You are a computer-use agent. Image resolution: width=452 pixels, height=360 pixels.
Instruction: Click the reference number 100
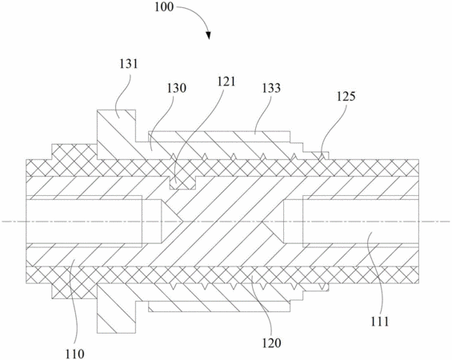[x=164, y=6]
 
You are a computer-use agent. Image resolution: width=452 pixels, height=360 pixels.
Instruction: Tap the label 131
[x=129, y=64]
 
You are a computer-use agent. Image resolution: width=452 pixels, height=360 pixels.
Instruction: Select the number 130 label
[x=177, y=88]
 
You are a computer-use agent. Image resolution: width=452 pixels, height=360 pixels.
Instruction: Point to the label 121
[x=226, y=82]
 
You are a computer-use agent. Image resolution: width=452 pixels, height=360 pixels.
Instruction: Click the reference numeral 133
[x=271, y=88]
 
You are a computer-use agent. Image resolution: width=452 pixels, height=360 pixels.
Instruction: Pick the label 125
[x=346, y=97]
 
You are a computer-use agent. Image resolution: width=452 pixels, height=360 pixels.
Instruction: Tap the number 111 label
[x=380, y=322]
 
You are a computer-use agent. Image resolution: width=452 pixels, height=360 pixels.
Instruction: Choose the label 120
[x=271, y=343]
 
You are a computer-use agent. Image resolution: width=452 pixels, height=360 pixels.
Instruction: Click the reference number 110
[x=75, y=354]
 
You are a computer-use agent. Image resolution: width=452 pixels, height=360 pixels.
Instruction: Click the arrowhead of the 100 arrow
[x=209, y=35]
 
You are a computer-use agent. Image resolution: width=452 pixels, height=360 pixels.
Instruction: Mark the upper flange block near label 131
[x=117, y=134]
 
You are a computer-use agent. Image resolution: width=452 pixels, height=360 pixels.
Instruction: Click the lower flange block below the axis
[x=117, y=308]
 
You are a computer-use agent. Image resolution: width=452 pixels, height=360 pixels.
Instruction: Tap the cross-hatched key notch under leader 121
[x=182, y=182]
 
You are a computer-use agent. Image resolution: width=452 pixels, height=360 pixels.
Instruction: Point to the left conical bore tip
[x=182, y=222]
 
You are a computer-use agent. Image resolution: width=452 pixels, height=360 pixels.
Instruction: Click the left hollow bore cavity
[x=84, y=222]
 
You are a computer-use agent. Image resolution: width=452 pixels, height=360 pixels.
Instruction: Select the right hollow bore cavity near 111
[x=361, y=222]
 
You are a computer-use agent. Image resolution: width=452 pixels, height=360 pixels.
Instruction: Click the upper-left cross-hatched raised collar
[x=74, y=151]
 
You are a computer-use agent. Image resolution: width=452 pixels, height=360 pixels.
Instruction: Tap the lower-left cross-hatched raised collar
[x=74, y=291]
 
